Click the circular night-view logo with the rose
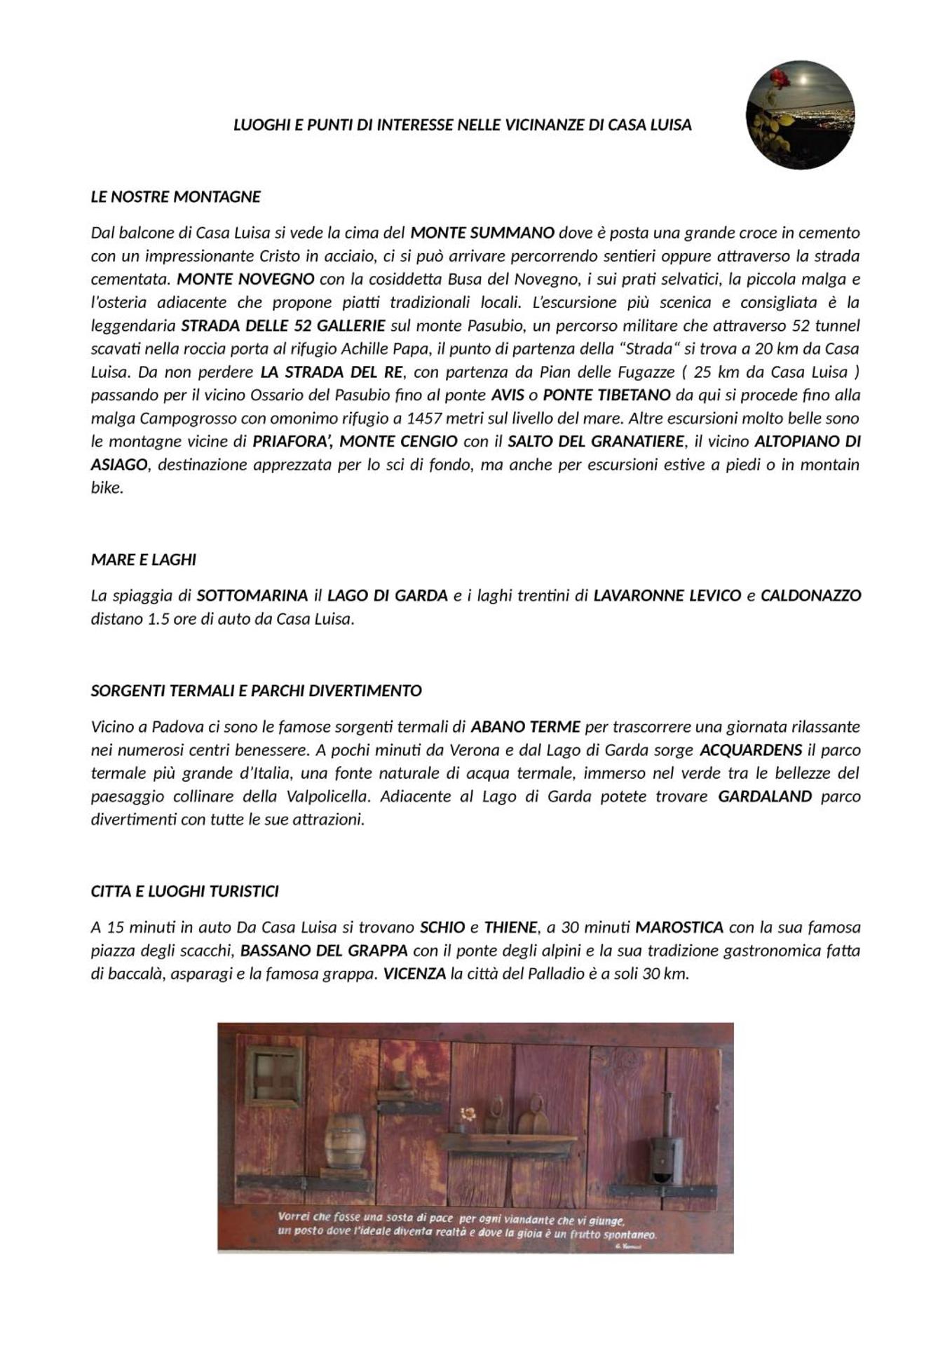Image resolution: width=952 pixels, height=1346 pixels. [800, 114]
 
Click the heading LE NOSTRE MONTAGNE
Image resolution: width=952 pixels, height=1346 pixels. [175, 197]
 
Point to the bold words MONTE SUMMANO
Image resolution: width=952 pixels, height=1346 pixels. [482, 233]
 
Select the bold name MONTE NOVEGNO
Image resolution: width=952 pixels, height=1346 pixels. [245, 279]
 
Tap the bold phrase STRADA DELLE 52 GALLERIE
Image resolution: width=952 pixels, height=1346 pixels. [283, 325]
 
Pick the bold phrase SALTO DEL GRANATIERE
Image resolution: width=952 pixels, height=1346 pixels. [595, 441]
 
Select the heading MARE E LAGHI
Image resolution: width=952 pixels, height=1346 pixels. [144, 559]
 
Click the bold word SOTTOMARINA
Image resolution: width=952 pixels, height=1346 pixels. [252, 595]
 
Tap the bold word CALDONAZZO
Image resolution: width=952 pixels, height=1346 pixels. [810, 595]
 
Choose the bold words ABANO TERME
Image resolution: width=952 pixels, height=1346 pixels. [525, 726]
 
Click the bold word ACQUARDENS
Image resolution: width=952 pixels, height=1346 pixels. [751, 749]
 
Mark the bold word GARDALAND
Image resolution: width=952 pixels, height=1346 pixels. [765, 796]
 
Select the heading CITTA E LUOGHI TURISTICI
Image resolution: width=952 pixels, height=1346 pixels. [184, 891]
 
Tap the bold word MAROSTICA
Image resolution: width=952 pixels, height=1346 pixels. [679, 927]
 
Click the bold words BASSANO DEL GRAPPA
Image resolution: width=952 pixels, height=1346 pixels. [324, 950]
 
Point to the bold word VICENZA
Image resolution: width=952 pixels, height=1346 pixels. [414, 973]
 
